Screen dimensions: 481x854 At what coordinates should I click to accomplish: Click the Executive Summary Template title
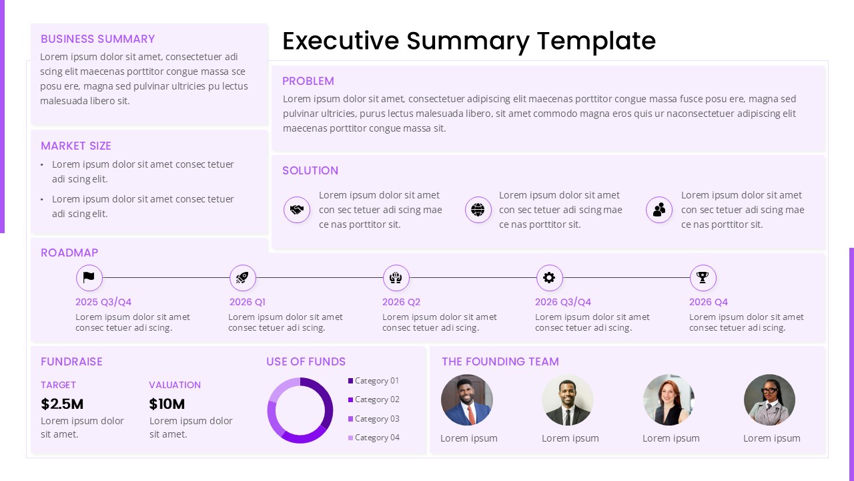pos(469,41)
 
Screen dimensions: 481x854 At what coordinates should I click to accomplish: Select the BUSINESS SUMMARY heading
pos(97,39)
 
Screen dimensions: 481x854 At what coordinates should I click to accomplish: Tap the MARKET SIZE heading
pos(76,146)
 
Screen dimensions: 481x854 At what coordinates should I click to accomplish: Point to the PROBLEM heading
pos(308,81)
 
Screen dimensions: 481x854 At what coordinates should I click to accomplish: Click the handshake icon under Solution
pos(297,210)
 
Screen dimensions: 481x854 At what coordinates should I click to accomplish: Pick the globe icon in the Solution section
pos(478,210)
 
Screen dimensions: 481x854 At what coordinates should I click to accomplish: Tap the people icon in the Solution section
pos(659,210)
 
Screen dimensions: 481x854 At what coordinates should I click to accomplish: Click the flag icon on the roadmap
pos(89,277)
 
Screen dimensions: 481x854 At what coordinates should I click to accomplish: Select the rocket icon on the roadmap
pos(243,277)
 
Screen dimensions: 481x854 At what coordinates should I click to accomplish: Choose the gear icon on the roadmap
pos(549,277)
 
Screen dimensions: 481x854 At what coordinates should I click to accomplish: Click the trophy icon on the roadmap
pos(703,277)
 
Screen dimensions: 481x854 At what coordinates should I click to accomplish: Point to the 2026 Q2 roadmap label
pos(401,302)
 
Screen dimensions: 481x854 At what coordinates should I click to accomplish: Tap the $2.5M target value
pos(62,404)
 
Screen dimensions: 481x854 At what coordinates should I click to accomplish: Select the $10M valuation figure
pos(167,404)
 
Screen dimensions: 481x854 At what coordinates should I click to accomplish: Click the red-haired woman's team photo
pos(669,399)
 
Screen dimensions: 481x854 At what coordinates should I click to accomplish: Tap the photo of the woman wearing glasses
pos(769,399)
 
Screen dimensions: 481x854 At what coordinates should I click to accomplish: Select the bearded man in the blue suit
pos(467,399)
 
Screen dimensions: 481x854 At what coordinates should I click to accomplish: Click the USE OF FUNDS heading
pos(306,361)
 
